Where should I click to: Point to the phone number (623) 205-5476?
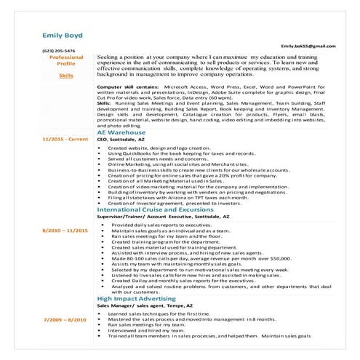[x=58, y=51]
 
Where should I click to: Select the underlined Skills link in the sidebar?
[x=66, y=76]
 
